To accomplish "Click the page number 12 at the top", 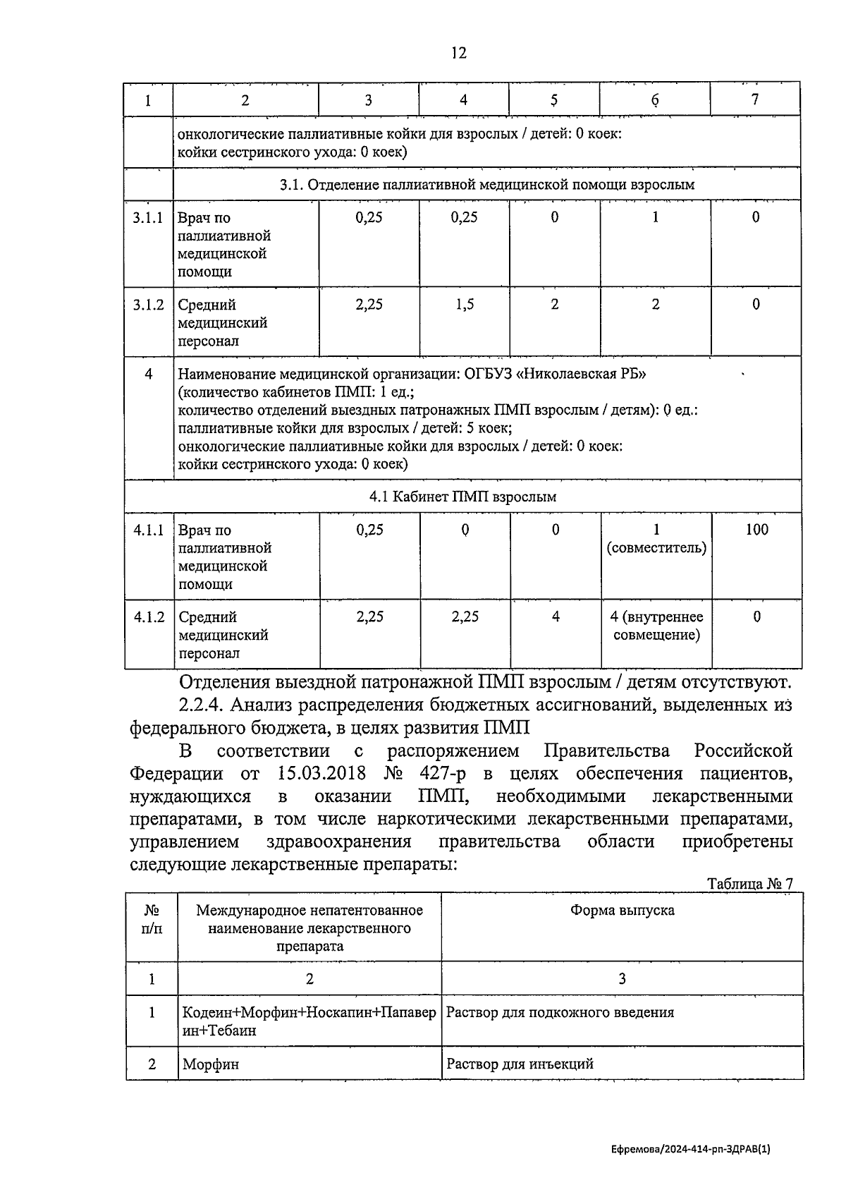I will [458, 53].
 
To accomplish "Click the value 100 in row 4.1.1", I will [756, 530].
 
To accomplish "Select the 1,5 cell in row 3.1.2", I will [464, 305].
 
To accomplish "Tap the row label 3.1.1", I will [148, 218].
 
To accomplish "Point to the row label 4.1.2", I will [149, 617].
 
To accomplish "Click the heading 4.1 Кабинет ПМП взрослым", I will [462, 497].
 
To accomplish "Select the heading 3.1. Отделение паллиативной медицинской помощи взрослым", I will [486, 185].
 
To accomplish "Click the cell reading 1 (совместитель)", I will [656, 539].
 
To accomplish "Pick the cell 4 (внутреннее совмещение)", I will [656, 626].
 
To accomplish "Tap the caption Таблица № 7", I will [750, 884].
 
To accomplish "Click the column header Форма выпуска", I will [622, 911].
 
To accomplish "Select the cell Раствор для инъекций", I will [520, 1064].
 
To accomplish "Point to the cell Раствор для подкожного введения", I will [560, 1012].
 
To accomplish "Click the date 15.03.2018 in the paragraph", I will [317, 773].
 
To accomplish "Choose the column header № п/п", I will [151, 920].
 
